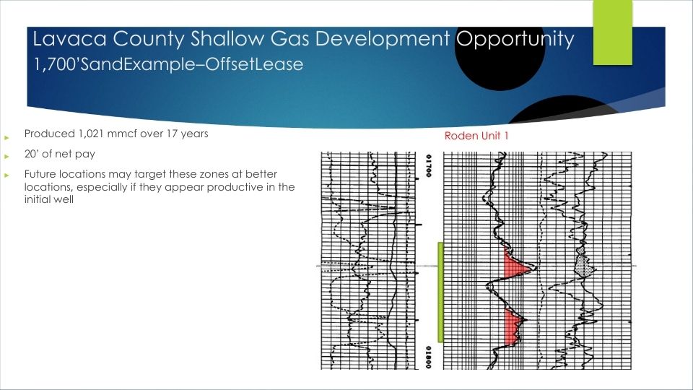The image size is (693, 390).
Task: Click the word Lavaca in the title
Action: tap(70, 39)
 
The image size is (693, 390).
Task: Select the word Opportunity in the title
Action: tap(515, 40)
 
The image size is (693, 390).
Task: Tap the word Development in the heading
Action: tap(382, 40)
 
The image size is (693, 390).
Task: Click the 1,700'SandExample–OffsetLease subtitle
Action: tap(168, 64)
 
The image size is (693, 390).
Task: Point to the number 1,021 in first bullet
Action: tap(91, 134)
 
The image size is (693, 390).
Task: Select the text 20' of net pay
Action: tap(60, 154)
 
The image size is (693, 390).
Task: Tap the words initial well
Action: tap(48, 199)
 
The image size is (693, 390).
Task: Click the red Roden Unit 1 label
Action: tap(476, 136)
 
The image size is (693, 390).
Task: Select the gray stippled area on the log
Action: tap(584, 264)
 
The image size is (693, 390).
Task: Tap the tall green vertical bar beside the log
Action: tap(440, 292)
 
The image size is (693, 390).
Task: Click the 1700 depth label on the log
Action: tap(428, 166)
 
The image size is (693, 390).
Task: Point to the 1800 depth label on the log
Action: tap(428, 357)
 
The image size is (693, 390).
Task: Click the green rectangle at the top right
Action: tap(613, 32)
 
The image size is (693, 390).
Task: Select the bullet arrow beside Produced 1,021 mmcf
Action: tap(6, 137)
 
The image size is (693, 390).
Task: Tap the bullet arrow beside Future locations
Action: tap(6, 175)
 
